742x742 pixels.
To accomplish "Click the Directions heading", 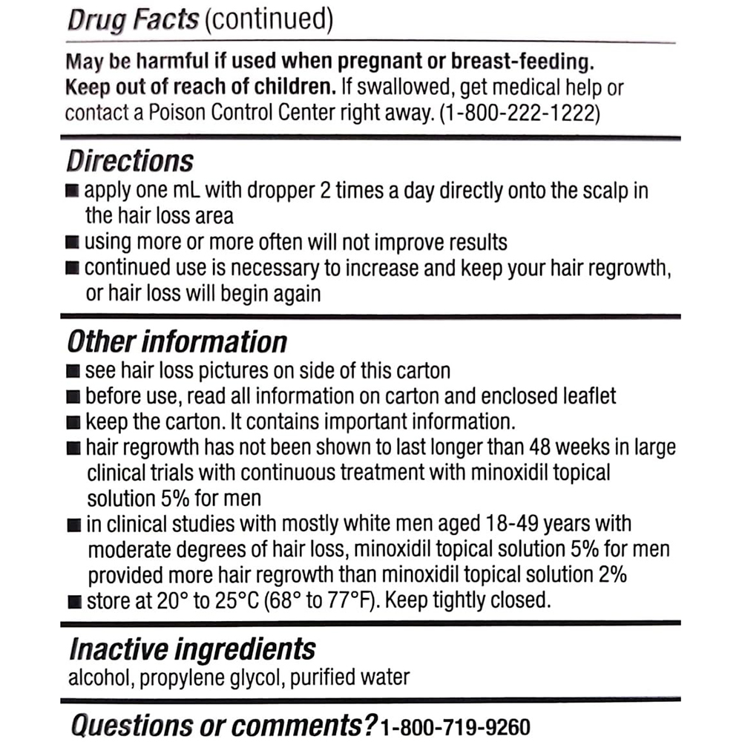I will (x=130, y=161).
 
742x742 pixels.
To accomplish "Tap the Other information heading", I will (x=177, y=342).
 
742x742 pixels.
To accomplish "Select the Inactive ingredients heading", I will (x=192, y=649).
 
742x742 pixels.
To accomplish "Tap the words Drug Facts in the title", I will (x=133, y=20).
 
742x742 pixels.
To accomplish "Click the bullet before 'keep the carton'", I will (x=73, y=423).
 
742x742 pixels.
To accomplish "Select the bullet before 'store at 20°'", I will (x=73, y=600).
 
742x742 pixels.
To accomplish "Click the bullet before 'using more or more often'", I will (x=73, y=242).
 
